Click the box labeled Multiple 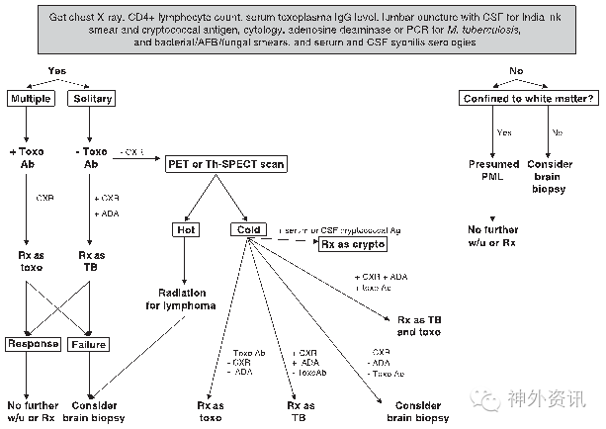coord(33,99)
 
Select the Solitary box coord(91,99)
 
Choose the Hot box coord(186,228)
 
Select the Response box coord(33,344)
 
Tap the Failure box coord(91,344)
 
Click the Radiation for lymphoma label coord(185,298)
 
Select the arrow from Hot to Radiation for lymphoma coord(185,260)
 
